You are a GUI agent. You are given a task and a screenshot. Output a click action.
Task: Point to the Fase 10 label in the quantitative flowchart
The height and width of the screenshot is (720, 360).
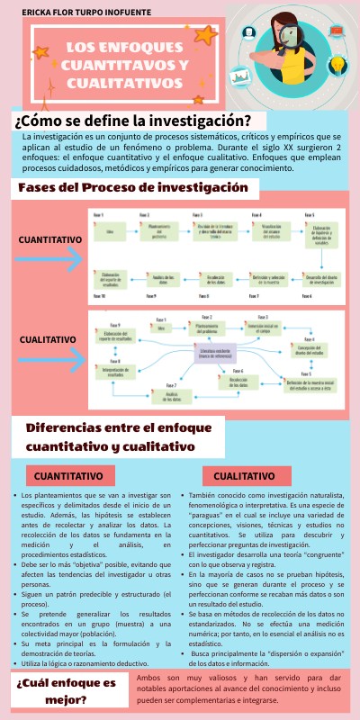coord(98,295)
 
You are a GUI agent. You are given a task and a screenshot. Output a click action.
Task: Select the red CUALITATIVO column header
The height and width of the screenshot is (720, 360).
coord(246,474)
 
